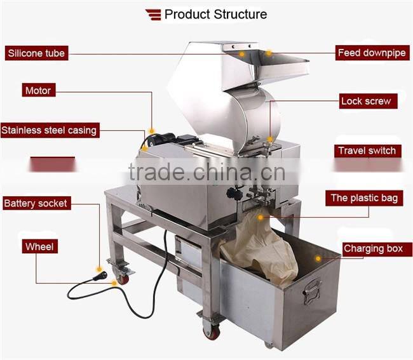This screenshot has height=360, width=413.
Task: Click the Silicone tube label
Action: [x=36, y=53]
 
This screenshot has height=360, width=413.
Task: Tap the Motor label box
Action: [x=37, y=90]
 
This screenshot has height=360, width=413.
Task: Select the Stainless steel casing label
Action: [x=49, y=130]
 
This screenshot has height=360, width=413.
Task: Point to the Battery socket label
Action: [x=35, y=204]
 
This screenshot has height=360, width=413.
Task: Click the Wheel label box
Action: [x=39, y=246]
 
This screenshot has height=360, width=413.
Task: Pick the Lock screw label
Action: [x=365, y=101]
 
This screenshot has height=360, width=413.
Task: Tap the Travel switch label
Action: [x=367, y=150]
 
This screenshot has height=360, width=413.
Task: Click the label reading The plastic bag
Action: [x=364, y=198]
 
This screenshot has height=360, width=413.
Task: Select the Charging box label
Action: [x=373, y=248]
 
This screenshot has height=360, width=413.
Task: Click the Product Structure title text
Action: [x=215, y=14]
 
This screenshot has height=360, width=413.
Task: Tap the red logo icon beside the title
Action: [x=153, y=14]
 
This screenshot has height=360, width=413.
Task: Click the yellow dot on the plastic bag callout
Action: [x=262, y=217]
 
